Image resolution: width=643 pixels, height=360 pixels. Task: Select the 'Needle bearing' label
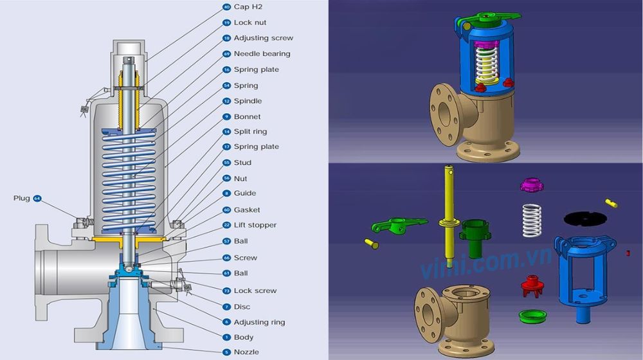point(262,54)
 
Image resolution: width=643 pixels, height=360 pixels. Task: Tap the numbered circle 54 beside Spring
point(226,85)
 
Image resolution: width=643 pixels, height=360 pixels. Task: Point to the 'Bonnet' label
point(248,117)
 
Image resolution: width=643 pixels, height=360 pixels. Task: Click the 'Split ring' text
point(250,132)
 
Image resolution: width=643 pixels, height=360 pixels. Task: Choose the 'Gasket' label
point(247,210)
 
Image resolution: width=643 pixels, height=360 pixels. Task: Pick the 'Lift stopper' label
point(255,226)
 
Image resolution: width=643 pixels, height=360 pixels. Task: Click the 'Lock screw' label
point(255,291)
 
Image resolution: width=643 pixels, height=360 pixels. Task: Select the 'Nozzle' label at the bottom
point(248,352)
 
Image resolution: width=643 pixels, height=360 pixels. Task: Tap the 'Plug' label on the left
point(22,199)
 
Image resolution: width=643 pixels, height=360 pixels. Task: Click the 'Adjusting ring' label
point(259,322)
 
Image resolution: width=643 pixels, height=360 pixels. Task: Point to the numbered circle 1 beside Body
point(226,337)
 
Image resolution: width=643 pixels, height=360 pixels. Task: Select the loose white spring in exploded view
point(531,219)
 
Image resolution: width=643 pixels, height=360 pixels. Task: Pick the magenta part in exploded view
point(532,186)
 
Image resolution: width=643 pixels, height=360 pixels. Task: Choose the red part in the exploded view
point(532,285)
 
